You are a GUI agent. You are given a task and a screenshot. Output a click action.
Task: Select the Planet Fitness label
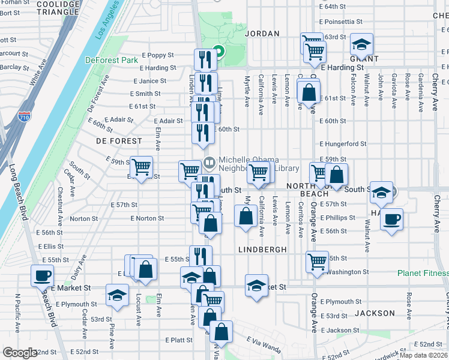(x=423, y=273)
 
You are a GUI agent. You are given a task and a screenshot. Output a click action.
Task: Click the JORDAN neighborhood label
(x=262, y=34)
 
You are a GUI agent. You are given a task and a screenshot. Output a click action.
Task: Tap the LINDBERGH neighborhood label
(x=262, y=249)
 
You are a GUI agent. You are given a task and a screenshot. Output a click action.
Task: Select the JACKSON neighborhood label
(x=375, y=313)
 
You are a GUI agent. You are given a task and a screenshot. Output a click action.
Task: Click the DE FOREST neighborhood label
(x=119, y=141)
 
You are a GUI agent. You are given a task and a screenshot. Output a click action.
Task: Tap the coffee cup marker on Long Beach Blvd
(x=42, y=276)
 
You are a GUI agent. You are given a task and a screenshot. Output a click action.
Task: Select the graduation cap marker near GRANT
(x=361, y=44)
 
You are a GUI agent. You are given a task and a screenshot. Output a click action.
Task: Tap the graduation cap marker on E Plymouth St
(x=116, y=295)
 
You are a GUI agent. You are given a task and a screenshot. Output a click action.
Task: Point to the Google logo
(x=19, y=353)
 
